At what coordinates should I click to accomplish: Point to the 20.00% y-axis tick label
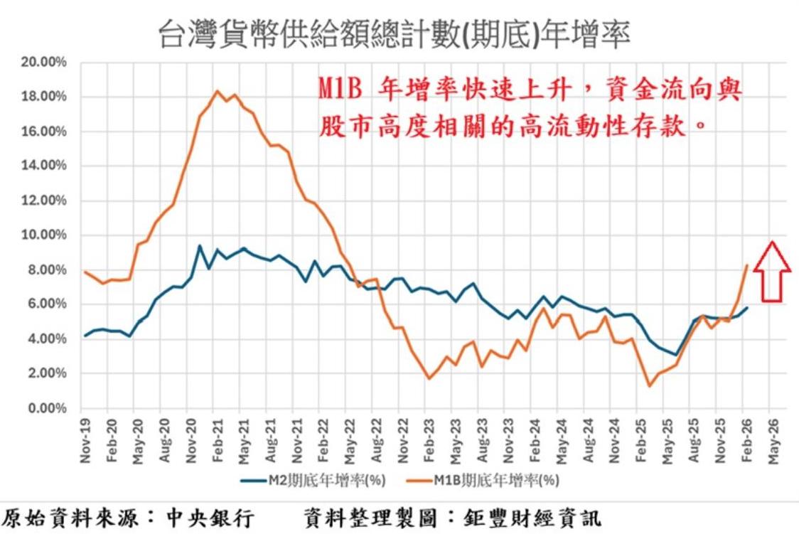pyautogui.click(x=44, y=62)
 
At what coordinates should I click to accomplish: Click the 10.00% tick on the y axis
pyautogui.click(x=44, y=235)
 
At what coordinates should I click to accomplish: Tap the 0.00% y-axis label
pyautogui.click(x=47, y=409)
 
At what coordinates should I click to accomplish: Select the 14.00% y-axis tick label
pyautogui.click(x=44, y=166)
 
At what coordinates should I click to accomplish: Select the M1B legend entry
pyautogui.click(x=483, y=481)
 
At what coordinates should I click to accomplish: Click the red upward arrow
pyautogui.click(x=772, y=270)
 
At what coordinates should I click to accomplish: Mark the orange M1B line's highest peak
pyautogui.click(x=218, y=90)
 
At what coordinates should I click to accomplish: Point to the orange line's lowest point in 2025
pyautogui.click(x=649, y=386)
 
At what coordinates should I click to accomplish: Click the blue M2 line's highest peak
pyautogui.click(x=200, y=246)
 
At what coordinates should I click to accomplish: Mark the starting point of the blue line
pyautogui.click(x=85, y=335)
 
